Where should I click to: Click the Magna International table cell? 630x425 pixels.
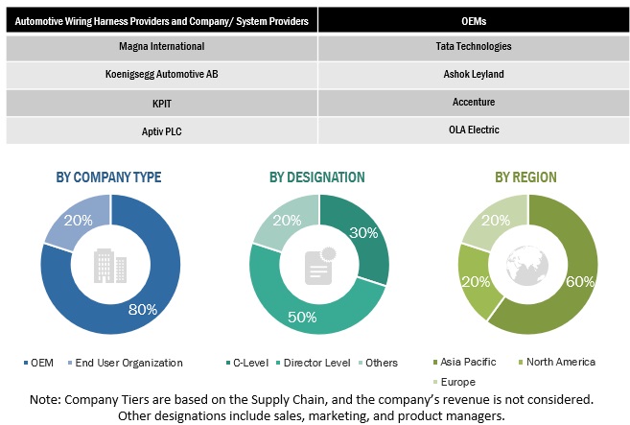click(x=162, y=46)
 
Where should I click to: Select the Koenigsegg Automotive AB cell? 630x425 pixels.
click(x=162, y=73)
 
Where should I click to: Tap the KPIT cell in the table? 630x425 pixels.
click(x=162, y=101)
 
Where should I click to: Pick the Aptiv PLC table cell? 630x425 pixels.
click(x=162, y=130)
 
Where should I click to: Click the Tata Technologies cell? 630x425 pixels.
click(x=473, y=46)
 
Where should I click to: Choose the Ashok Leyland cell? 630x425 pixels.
click(x=473, y=73)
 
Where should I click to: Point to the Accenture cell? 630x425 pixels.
click(x=473, y=101)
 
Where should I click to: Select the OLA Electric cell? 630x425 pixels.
click(x=473, y=130)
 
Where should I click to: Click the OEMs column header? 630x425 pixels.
click(x=473, y=18)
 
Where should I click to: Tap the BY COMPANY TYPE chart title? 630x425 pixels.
click(x=108, y=177)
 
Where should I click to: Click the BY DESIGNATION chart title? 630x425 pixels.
click(x=316, y=177)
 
